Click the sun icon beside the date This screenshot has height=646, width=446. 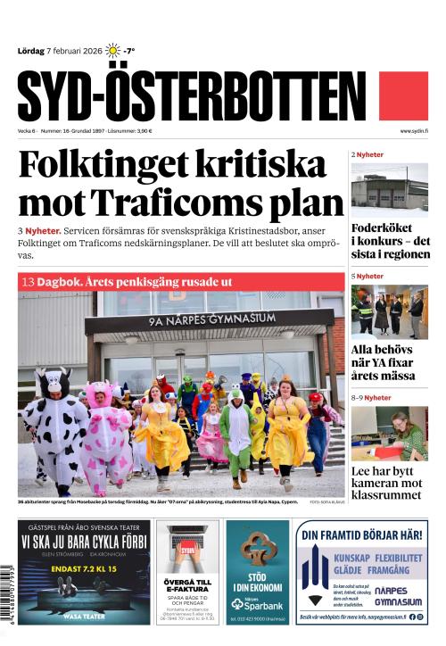tap(112, 51)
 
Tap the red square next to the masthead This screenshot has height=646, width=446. tap(404, 96)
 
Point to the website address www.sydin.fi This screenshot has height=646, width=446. tap(414, 131)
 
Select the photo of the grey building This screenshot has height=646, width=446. tap(389, 188)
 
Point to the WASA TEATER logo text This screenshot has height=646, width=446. tap(84, 616)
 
